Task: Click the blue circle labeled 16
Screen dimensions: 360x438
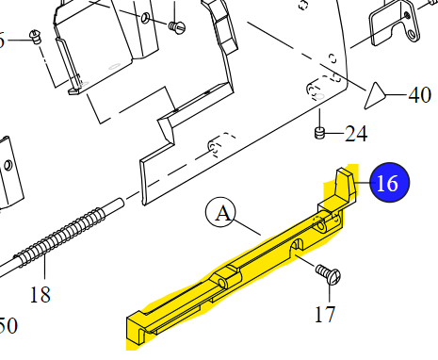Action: (387, 182)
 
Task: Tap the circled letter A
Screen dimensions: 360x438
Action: (222, 213)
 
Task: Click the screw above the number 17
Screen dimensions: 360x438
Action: (330, 276)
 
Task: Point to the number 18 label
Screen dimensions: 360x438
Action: (39, 295)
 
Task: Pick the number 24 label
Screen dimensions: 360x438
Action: (356, 133)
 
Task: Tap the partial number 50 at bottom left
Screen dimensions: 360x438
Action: (8, 327)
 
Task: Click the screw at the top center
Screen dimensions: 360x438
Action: (176, 27)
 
